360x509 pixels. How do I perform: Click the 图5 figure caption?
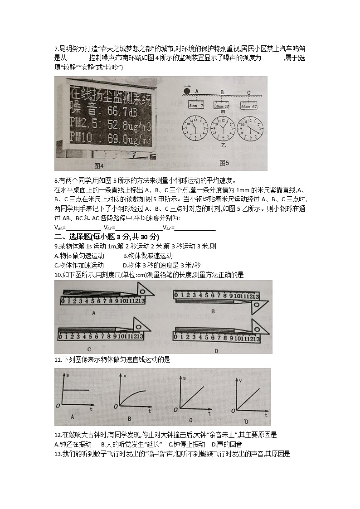click(x=224, y=163)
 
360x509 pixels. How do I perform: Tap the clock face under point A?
click(x=194, y=128)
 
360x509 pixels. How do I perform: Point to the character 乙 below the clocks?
click(x=223, y=146)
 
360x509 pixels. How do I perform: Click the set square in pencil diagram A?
click(x=143, y=291)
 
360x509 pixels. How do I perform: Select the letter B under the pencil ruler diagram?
click(x=213, y=311)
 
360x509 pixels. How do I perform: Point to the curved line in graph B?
click(x=134, y=394)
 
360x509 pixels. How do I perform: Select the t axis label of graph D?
click(x=266, y=415)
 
